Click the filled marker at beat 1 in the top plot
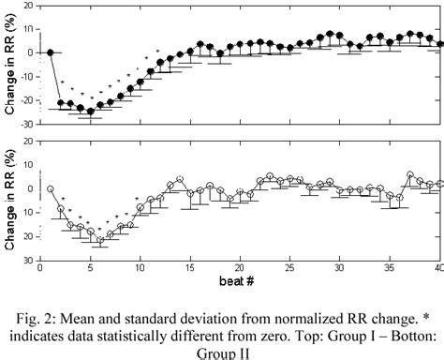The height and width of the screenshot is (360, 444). (x=51, y=52)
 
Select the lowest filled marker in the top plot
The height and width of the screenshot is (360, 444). (x=91, y=111)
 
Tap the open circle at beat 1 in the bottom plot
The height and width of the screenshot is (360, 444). (x=51, y=188)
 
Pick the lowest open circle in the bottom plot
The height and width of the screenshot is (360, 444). (x=100, y=240)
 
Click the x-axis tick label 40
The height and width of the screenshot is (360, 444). (x=439, y=269)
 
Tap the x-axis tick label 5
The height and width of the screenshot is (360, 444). (x=90, y=269)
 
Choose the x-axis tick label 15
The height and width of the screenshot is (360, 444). (x=190, y=269)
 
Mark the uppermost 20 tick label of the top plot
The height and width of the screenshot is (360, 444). (x=31, y=6)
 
